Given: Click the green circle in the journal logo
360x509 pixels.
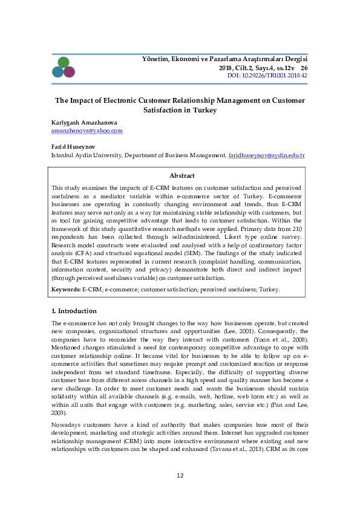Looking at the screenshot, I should [x=64, y=62].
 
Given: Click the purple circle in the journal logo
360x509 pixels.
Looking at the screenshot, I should [x=69, y=72].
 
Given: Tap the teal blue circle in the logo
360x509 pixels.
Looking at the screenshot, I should [x=57, y=72].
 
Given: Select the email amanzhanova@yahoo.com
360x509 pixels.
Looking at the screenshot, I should [x=87, y=131].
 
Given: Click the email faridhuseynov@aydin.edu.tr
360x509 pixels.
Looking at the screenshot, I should [x=266, y=155].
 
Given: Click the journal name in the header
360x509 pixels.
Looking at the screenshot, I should [x=224, y=59].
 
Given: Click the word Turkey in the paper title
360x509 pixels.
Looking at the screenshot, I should [x=204, y=111].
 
